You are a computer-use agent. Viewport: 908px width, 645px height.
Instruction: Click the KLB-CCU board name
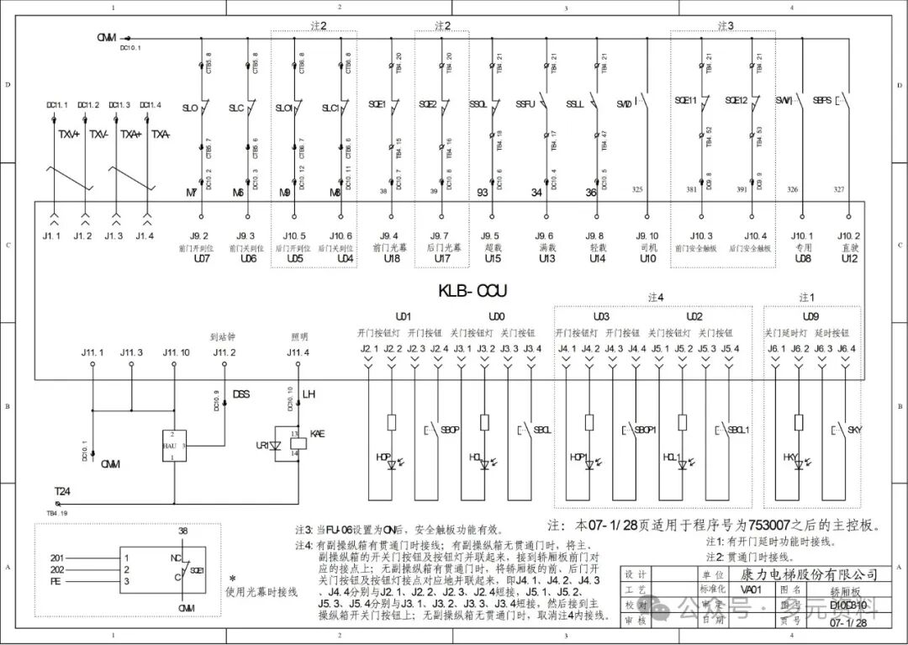point(473,291)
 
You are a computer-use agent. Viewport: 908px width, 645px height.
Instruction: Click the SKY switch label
point(854,431)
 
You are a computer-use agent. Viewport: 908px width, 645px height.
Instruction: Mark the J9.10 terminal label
point(647,236)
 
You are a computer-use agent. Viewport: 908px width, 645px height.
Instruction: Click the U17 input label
point(441,259)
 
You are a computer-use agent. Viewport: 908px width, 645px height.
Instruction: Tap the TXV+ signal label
point(69,134)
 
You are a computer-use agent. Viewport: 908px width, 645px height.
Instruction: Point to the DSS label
point(240,394)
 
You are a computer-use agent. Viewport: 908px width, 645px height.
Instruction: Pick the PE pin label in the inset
point(56,581)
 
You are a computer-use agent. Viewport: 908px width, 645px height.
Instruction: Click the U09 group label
point(810,317)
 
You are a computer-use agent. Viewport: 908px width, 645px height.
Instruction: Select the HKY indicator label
point(791,457)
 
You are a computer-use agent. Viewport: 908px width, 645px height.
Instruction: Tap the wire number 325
point(637,190)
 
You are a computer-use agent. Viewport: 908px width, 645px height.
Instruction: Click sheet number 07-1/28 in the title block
point(847,624)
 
